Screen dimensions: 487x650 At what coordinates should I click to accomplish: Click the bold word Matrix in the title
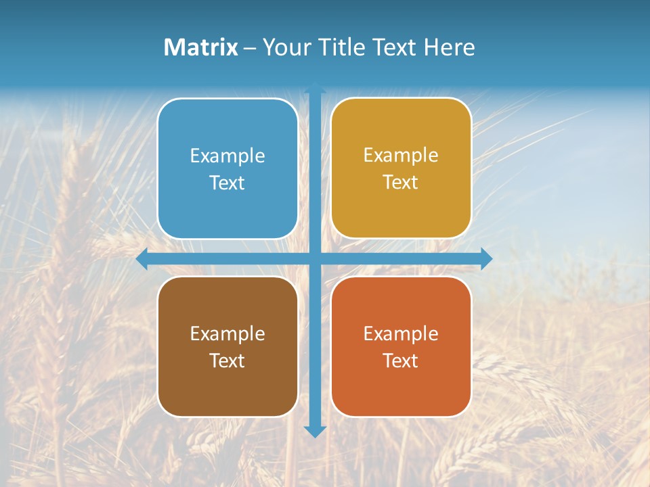point(200,47)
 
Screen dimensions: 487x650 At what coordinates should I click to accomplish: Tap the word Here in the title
point(449,47)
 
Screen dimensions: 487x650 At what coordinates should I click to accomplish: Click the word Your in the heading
point(284,47)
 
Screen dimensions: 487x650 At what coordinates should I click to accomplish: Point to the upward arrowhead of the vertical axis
point(315,88)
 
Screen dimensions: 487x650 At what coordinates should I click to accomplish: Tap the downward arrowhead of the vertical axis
point(315,431)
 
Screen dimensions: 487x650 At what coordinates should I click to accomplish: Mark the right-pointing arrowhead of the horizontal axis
point(486,258)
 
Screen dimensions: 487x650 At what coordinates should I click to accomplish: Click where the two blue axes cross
point(315,258)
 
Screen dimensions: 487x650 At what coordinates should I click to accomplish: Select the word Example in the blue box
point(227,156)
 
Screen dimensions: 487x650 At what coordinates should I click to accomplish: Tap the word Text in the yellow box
point(401,183)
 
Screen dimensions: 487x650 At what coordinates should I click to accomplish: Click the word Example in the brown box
point(227,333)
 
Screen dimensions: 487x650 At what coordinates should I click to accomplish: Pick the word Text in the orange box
point(401,361)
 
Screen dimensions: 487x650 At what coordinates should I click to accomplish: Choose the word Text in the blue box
point(227,183)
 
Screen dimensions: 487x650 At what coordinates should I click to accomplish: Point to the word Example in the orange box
point(401,333)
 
